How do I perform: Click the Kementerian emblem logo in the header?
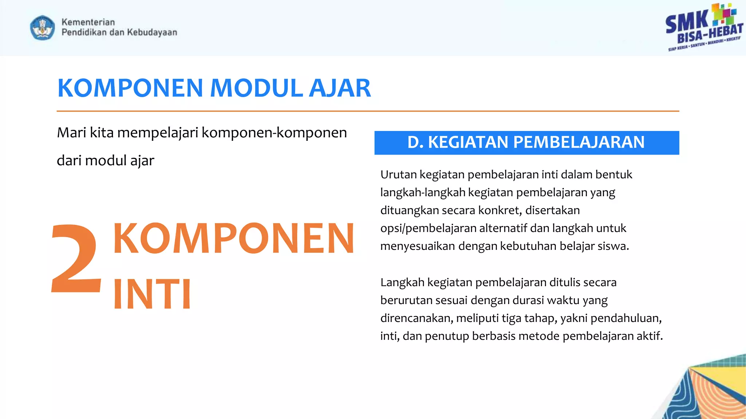pos(43,28)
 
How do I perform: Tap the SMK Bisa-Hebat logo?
pos(704,28)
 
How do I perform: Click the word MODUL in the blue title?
pos(256,88)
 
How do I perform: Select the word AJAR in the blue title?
pos(339,88)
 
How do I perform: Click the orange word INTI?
pos(152,294)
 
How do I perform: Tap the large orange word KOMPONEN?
pos(233,239)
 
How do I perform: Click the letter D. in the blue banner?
pos(415,142)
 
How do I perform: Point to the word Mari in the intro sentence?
pos(71,133)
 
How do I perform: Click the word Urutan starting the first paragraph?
pos(398,175)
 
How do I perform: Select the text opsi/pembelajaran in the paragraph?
pos(428,228)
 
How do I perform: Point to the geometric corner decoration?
pos(707,391)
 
